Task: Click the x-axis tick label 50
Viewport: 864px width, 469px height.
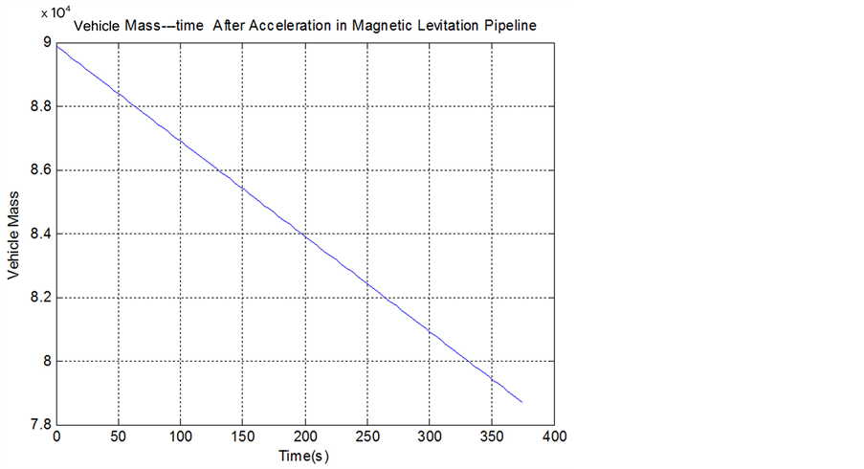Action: (119, 436)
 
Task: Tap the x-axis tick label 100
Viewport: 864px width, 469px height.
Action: (180, 436)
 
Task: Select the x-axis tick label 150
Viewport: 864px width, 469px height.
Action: (242, 436)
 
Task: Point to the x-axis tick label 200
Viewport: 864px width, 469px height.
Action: (304, 436)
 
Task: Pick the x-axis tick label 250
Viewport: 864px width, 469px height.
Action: (366, 436)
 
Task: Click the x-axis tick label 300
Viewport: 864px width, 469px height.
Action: (429, 436)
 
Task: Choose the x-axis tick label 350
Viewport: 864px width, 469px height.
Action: (491, 436)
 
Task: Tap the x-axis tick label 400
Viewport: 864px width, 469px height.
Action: (553, 436)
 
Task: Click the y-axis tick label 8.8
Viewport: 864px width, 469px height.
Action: (41, 107)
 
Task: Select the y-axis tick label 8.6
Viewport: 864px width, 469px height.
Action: (41, 170)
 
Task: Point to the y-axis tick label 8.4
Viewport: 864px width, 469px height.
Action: (41, 234)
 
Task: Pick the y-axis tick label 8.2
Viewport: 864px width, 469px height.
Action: (41, 298)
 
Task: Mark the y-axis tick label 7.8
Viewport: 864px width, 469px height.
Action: (41, 425)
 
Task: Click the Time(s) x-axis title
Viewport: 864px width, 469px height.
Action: (303, 456)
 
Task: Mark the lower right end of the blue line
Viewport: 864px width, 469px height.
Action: (522, 402)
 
